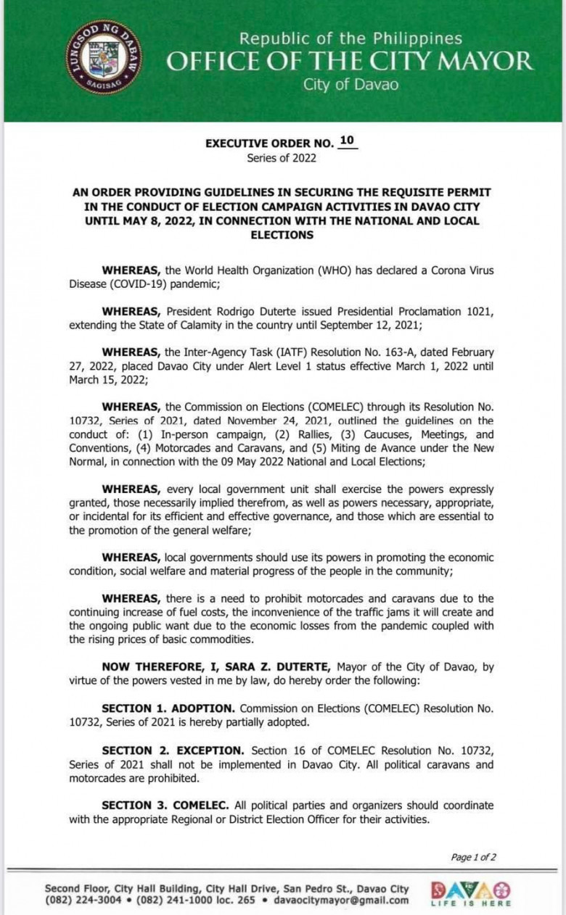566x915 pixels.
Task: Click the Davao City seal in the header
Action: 104,57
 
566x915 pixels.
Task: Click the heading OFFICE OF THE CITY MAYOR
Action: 350,62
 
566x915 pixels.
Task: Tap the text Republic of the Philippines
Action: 350,38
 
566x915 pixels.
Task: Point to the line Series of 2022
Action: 282,157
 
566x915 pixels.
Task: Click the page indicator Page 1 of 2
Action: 473,857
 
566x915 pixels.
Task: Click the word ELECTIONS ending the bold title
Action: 282,235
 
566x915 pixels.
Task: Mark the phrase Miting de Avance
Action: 421,447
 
